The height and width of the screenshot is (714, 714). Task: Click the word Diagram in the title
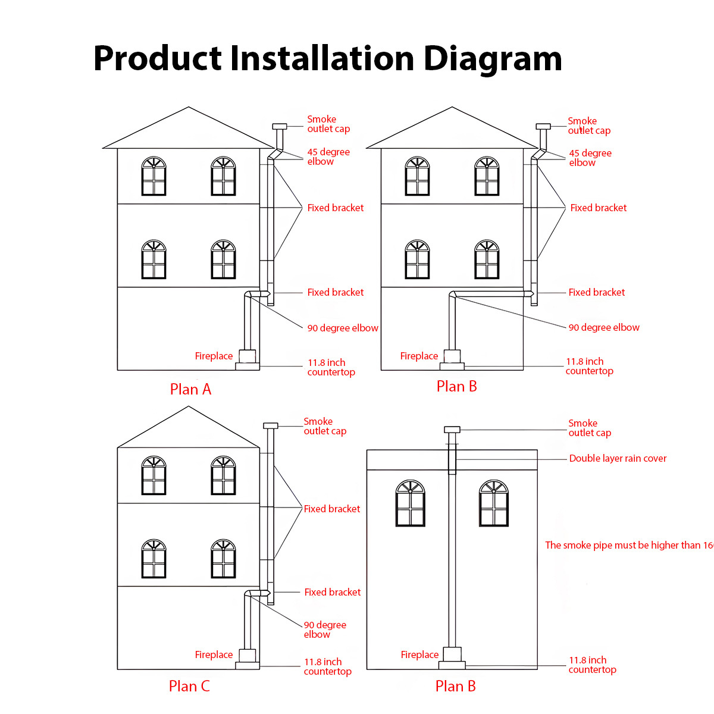pyautogui.click(x=493, y=59)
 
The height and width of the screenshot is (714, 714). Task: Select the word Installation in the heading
pyautogui.click(x=322, y=59)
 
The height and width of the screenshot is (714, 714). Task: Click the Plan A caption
pyautogui.click(x=190, y=389)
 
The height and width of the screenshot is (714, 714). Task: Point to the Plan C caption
pyautogui.click(x=189, y=686)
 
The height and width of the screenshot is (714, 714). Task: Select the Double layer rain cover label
pyautogui.click(x=618, y=458)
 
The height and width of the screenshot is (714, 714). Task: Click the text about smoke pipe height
pyautogui.click(x=628, y=545)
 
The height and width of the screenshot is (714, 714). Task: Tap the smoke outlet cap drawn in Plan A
pyautogui.click(x=279, y=126)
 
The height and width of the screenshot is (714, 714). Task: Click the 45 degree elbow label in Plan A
pyautogui.click(x=328, y=156)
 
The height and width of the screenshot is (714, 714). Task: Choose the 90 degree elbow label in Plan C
pyautogui.click(x=325, y=630)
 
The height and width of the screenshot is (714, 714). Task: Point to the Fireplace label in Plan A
pyautogui.click(x=214, y=356)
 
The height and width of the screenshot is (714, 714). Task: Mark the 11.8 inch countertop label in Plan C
pyautogui.click(x=327, y=666)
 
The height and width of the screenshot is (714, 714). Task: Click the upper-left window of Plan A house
pyautogui.click(x=154, y=177)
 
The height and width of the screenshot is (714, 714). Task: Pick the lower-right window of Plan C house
pyautogui.click(x=223, y=559)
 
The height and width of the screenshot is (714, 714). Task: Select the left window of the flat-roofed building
pyautogui.click(x=411, y=503)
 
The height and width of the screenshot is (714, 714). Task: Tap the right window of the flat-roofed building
pyautogui.click(x=494, y=503)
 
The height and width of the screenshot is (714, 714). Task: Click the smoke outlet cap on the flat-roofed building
pyautogui.click(x=452, y=430)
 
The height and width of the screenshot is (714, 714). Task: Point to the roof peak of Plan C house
pyautogui.click(x=189, y=408)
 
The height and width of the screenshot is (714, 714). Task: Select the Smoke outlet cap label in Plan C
pyautogui.click(x=325, y=426)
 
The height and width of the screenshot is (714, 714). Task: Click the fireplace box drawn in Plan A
pyautogui.click(x=248, y=356)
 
